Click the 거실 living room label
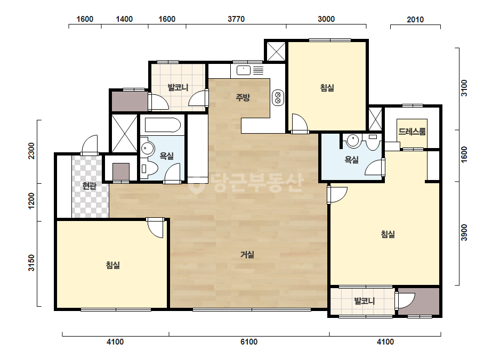(247, 255)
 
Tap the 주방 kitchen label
(243, 97)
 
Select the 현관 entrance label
(89, 186)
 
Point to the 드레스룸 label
(412, 132)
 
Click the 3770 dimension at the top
(236, 19)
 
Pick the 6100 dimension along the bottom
(249, 341)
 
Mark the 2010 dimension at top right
(415, 20)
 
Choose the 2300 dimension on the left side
(31, 151)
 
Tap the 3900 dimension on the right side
(464, 233)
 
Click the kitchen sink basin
(244, 70)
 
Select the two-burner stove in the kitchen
(278, 97)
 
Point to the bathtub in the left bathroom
(163, 125)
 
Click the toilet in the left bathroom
(149, 169)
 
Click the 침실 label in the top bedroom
(327, 87)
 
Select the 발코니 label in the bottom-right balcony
(364, 301)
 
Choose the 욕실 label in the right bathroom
(351, 160)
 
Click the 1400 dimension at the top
(124, 19)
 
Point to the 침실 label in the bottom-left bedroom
(112, 265)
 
